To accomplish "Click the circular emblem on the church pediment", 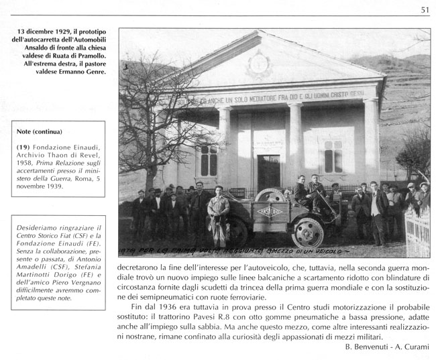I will click(x=258, y=66).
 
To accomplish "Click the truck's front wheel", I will click(x=308, y=232).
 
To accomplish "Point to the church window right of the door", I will click(x=333, y=157).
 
